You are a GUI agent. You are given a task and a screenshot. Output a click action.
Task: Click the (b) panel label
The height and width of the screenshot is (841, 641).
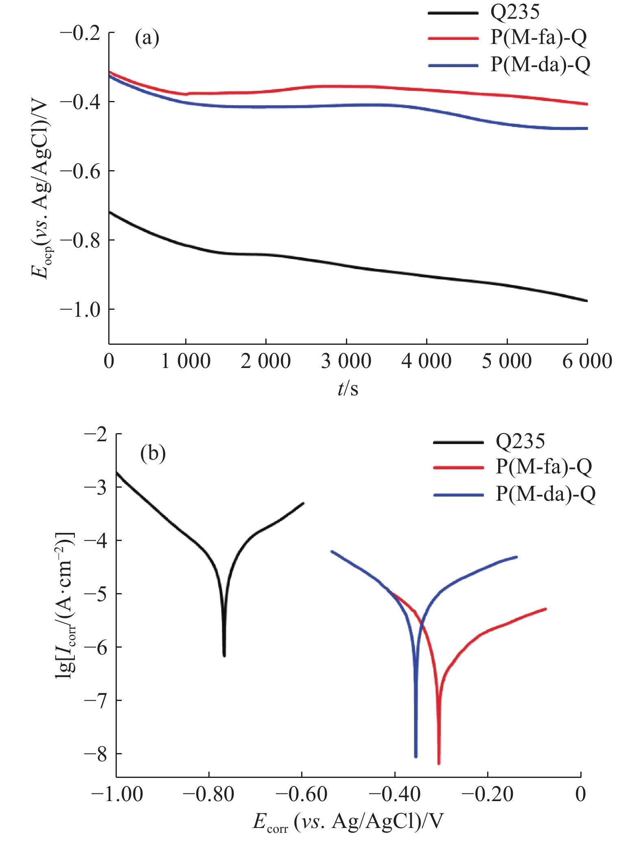point(153,453)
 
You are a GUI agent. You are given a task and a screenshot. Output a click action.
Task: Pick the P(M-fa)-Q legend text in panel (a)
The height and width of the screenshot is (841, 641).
point(538,37)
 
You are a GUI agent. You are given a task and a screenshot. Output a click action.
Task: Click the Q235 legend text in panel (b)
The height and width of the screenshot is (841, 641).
point(520,441)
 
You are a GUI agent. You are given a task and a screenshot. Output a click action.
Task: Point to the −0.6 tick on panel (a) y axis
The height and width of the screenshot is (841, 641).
point(80,171)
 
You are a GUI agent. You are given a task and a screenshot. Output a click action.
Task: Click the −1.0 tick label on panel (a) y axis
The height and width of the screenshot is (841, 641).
point(80,310)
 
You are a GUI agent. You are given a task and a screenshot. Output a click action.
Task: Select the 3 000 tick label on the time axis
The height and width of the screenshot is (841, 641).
point(346,361)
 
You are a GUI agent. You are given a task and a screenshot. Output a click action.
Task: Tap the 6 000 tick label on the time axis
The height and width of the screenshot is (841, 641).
point(587,361)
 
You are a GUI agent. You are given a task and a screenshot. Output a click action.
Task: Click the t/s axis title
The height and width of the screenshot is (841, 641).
point(348,389)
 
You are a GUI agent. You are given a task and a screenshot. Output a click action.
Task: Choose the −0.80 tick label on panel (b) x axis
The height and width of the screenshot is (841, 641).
point(209,794)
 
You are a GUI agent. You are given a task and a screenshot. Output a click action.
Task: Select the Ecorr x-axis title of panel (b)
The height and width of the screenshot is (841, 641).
point(348,821)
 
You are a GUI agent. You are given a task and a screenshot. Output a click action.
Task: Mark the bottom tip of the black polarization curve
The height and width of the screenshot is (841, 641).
point(224,656)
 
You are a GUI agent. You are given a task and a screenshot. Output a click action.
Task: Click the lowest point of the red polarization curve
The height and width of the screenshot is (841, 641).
point(439,764)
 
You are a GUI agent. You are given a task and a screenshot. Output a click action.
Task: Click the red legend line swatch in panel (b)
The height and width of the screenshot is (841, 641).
point(459,468)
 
